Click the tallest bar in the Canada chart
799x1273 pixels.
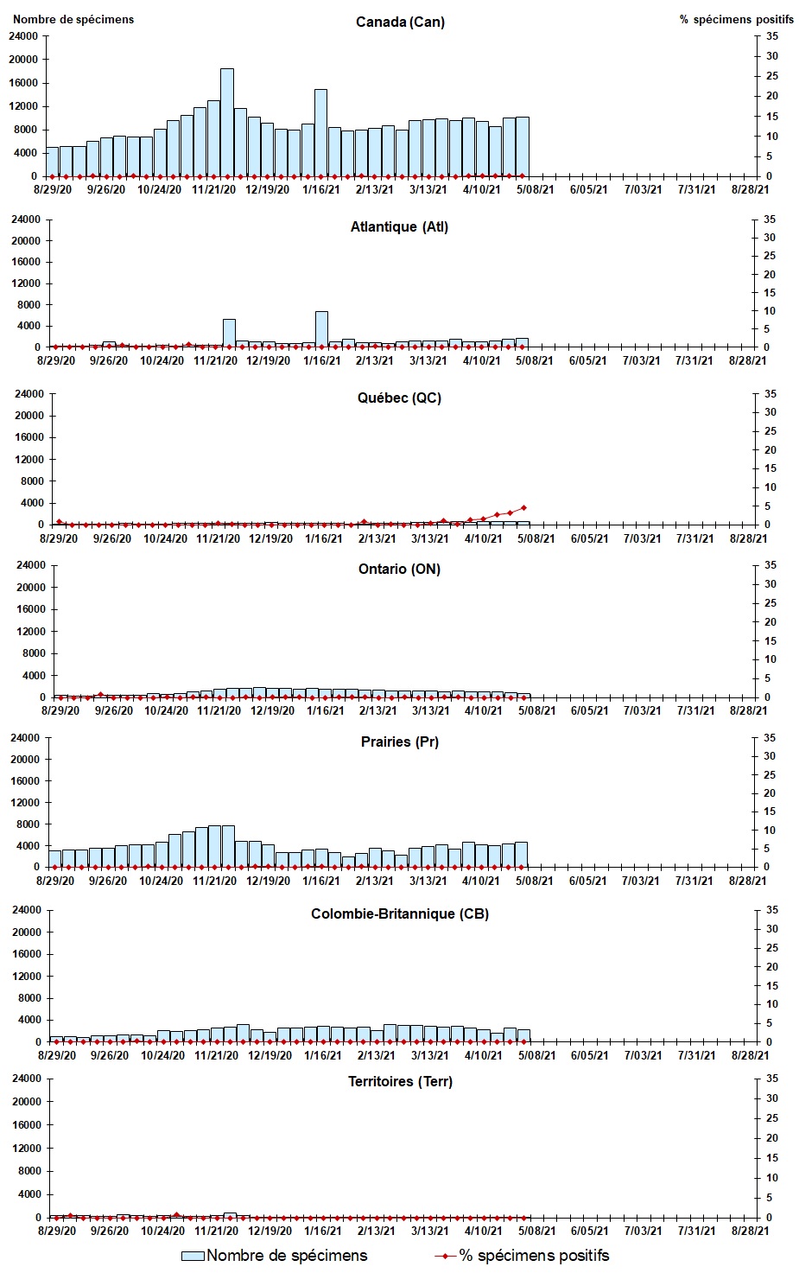[226, 122]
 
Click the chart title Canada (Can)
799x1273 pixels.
[400, 22]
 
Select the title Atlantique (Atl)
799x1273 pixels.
[399, 226]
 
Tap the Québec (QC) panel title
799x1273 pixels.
[399, 398]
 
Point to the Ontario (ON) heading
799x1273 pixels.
[399, 569]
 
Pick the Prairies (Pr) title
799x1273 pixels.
[399, 742]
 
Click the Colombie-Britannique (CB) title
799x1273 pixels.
[399, 913]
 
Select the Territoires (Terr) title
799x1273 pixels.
[399, 1081]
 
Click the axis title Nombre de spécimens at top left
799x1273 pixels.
[73, 19]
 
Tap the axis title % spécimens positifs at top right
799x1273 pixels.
[736, 19]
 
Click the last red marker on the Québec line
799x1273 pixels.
[523, 508]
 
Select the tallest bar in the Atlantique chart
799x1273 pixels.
[321, 329]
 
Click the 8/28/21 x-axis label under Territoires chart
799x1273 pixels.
[748, 1231]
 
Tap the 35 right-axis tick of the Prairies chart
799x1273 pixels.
[769, 738]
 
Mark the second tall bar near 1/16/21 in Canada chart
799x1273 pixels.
[320, 132]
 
